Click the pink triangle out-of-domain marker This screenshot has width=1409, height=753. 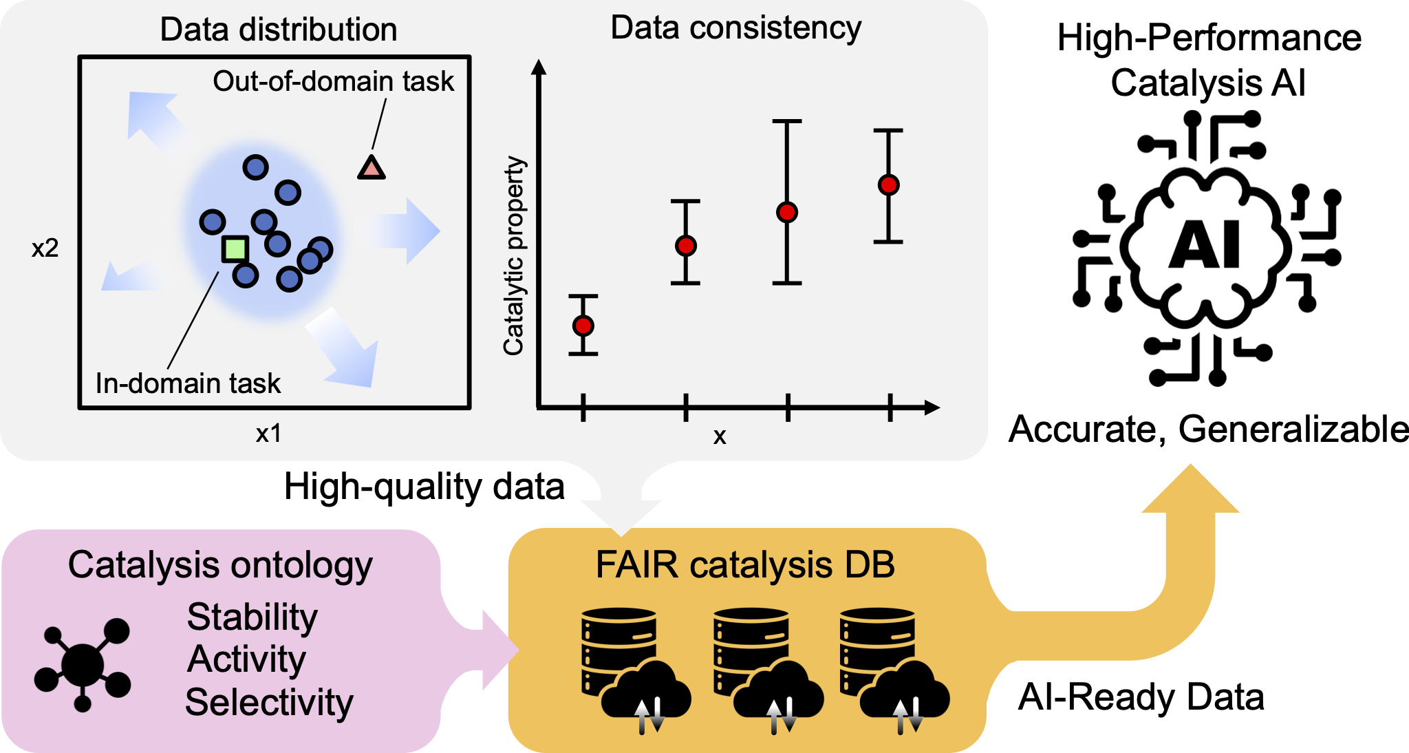pos(372,169)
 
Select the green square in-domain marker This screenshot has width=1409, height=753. pos(235,248)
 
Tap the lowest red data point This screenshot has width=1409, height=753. pos(583,326)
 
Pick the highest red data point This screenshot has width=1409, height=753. pos(889,184)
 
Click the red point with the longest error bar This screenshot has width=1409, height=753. pos(787,212)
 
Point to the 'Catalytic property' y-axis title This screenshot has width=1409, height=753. pos(514,255)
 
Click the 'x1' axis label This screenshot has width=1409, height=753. pos(268,434)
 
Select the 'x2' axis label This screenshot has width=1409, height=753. pos(45,248)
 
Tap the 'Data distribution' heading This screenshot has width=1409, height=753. pos(279,30)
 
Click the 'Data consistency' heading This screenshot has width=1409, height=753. pos(736,28)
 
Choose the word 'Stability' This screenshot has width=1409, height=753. pos(252,617)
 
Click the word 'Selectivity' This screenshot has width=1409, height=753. pos(270,702)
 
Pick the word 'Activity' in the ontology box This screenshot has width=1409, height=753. pos(247,659)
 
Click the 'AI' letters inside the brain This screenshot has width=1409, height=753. pos(1205,245)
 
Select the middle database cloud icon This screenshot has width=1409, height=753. pos(768,670)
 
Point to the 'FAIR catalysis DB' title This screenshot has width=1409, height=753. pos(746,565)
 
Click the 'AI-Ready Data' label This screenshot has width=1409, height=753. pos(1141,697)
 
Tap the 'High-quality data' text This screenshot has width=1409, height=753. pos(424,487)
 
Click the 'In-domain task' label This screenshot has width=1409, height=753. pos(188,383)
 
